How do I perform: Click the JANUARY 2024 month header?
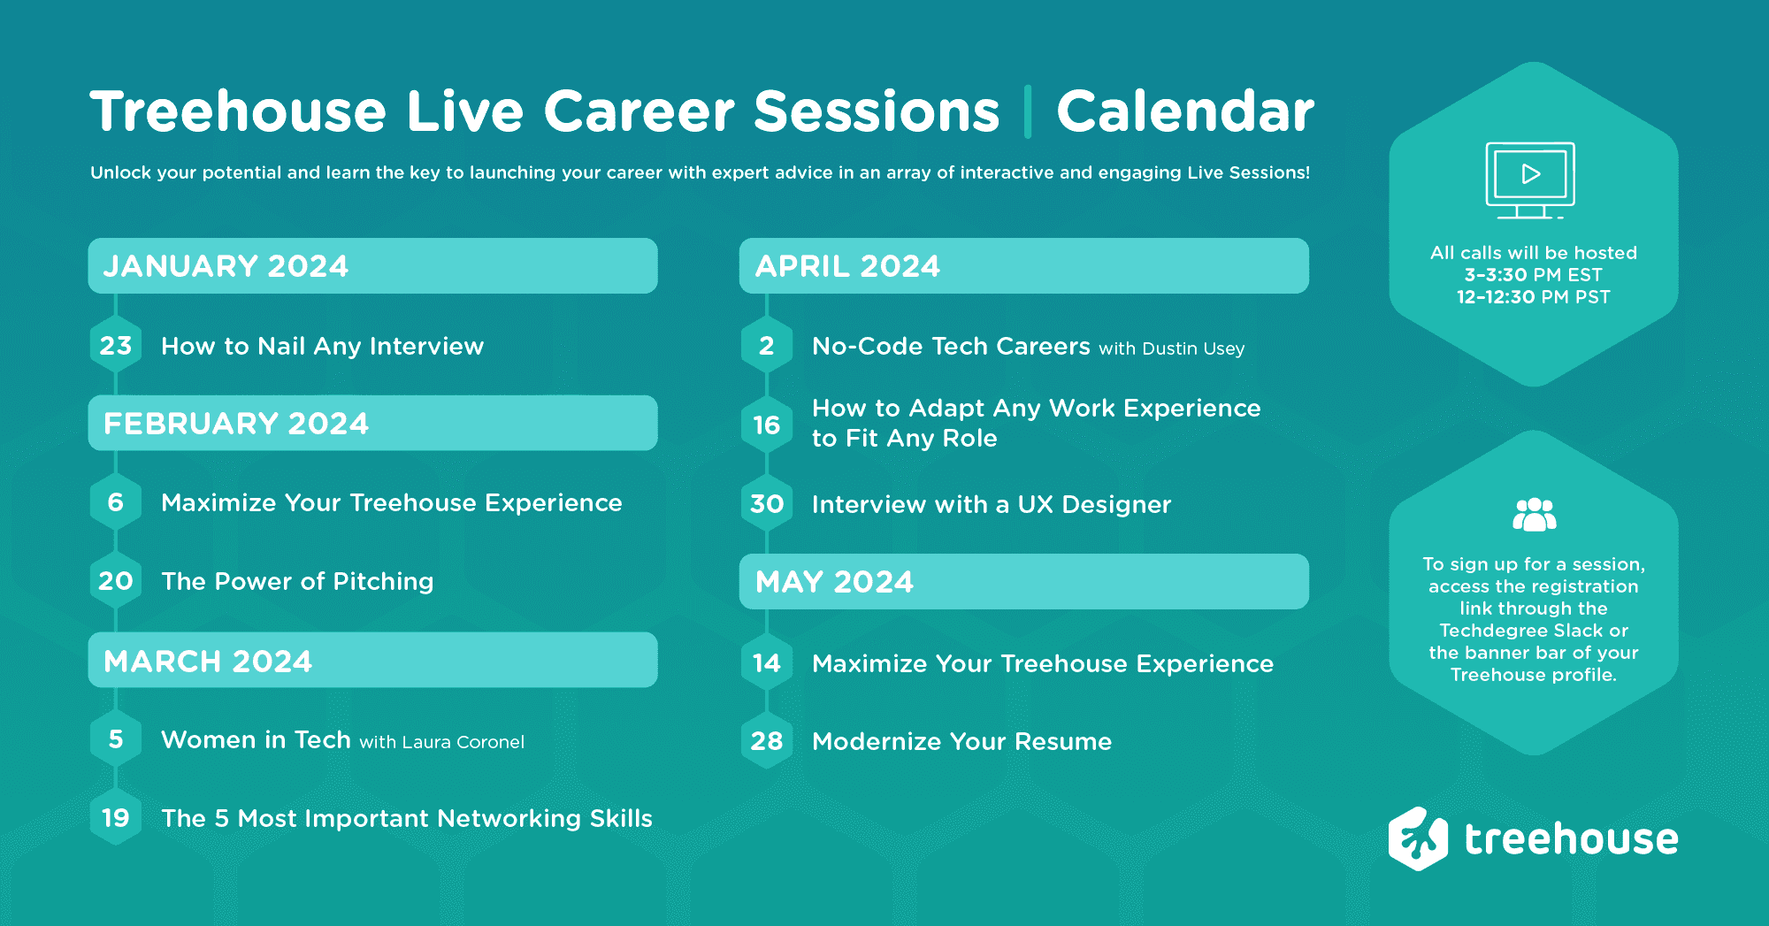371,265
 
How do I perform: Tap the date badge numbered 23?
116,346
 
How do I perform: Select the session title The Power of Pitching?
297,581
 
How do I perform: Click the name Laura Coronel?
463,742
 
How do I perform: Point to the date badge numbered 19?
116,818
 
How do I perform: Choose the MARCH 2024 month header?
371,661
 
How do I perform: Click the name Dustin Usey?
1193,348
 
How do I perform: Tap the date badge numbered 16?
767,425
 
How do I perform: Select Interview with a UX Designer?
991,504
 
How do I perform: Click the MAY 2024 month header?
1023,581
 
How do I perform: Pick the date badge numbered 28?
767,741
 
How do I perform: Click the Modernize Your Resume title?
961,741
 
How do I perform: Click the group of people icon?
1534,514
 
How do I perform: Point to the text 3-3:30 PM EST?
1533,275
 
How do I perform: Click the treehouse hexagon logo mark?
1418,838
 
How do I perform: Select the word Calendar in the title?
1185,111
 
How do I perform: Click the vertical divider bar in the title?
1028,111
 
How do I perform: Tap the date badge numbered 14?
767,663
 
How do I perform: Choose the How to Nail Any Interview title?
322,346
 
